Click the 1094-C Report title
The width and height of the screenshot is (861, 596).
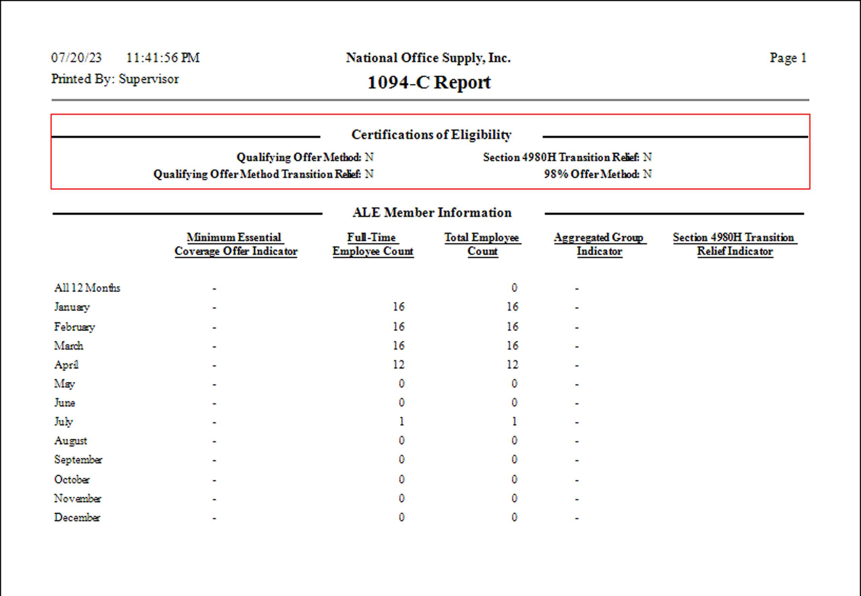[429, 83]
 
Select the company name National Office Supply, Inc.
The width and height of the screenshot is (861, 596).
[428, 58]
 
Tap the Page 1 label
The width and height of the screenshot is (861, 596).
[788, 58]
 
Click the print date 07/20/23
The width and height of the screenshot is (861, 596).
[76, 58]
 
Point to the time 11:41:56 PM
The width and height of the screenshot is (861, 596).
[163, 58]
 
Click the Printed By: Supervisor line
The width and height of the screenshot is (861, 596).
[115, 79]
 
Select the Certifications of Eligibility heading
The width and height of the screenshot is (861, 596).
[431, 135]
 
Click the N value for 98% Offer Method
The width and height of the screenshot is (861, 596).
[647, 174]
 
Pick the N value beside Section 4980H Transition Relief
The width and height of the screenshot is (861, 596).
[647, 157]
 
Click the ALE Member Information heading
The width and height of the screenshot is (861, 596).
[432, 212]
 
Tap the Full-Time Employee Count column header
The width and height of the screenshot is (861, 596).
[373, 244]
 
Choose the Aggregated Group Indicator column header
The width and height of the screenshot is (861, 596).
[600, 244]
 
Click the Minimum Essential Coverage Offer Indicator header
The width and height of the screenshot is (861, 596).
[236, 244]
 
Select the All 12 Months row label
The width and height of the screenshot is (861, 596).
[87, 288]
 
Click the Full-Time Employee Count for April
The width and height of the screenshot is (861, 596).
[398, 365]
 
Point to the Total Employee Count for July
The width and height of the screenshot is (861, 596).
[514, 422]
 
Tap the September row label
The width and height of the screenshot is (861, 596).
[78, 460]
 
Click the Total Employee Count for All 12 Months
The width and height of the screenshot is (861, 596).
[514, 288]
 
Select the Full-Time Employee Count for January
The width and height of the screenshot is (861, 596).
[398, 307]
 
